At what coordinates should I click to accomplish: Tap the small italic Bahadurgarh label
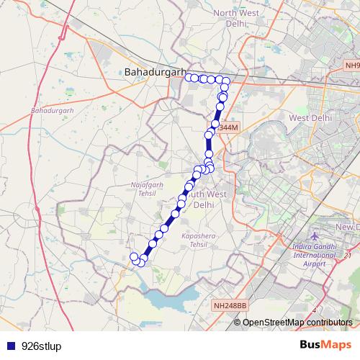click(x=53, y=111)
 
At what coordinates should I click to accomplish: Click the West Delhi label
click(x=310, y=117)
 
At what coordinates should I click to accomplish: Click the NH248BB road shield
click(x=230, y=306)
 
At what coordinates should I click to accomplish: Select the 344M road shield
click(x=227, y=127)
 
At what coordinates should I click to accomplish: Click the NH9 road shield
click(x=351, y=65)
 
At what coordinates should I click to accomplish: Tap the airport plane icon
click(x=315, y=237)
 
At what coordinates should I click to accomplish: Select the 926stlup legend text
click(x=42, y=346)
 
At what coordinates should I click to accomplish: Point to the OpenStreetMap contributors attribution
click(x=297, y=322)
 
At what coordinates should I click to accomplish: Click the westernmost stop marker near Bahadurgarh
click(x=189, y=78)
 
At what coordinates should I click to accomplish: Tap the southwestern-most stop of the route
click(x=133, y=257)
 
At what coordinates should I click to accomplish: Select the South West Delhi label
click(x=204, y=199)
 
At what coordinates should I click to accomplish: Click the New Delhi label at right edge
click(x=347, y=228)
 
